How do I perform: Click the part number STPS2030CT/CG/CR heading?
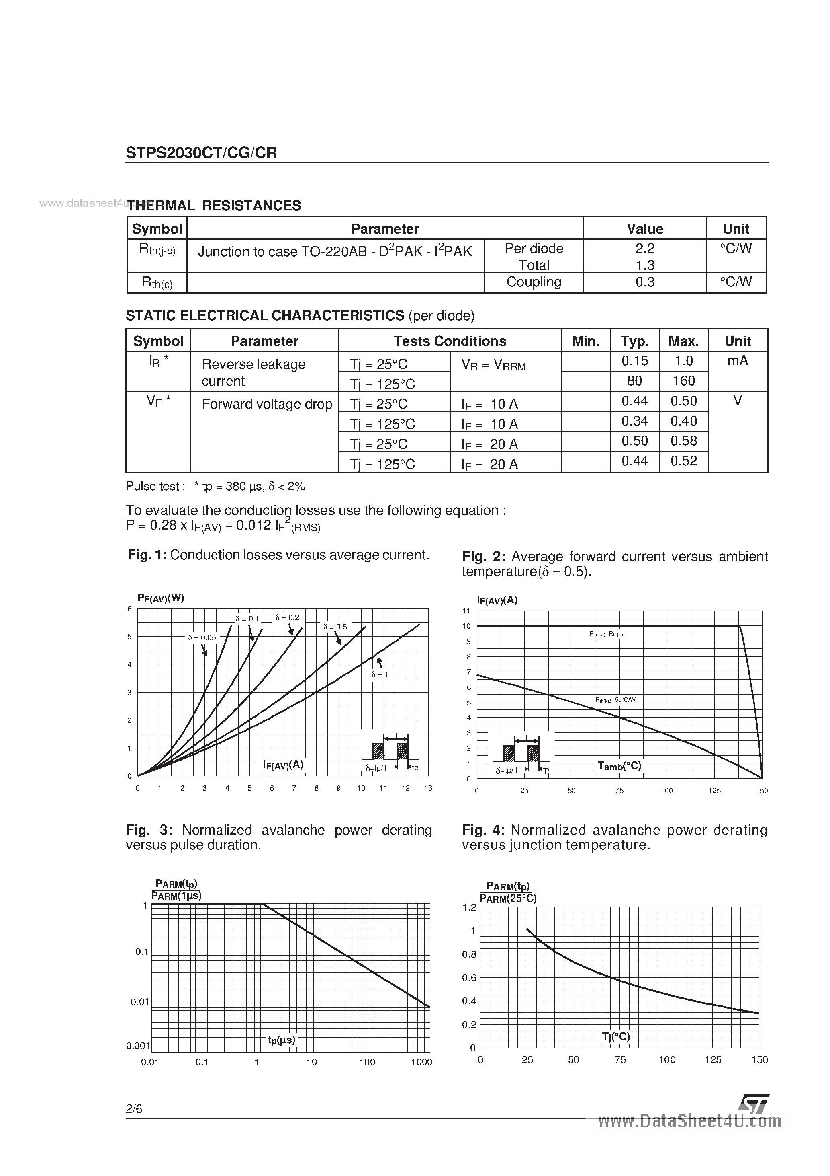click(201, 153)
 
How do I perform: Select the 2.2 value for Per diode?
click(644, 249)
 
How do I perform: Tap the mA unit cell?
click(737, 361)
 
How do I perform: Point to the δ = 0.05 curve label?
click(202, 638)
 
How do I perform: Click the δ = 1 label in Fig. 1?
click(380, 675)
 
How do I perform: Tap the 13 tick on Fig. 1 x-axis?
click(428, 788)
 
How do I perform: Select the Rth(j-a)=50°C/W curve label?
click(615, 700)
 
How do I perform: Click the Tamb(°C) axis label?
click(619, 766)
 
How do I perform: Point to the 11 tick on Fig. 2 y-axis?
click(466, 611)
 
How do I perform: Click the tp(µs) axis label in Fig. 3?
click(282, 1040)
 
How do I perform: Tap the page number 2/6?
click(134, 1109)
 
